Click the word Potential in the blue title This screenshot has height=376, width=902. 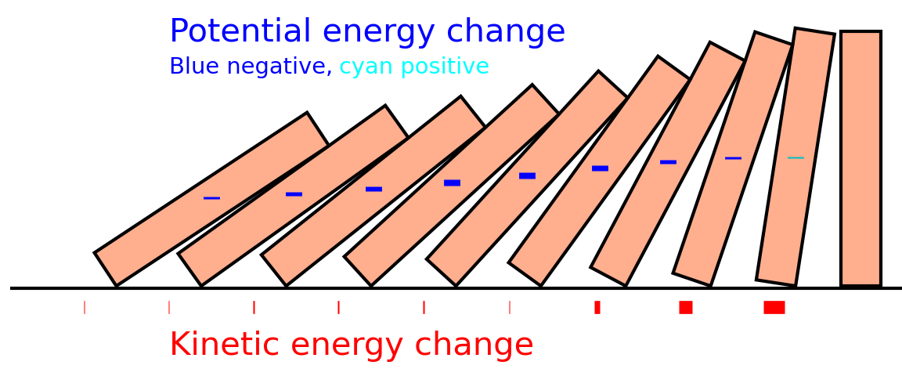(x=240, y=31)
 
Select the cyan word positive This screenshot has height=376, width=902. (x=445, y=67)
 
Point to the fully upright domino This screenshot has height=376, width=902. (x=861, y=158)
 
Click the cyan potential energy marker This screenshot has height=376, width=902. (x=796, y=157)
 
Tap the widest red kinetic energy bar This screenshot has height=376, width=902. (x=774, y=308)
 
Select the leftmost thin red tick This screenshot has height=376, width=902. (x=85, y=308)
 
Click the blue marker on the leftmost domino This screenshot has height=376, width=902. (x=211, y=198)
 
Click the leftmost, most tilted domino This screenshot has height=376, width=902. (x=211, y=199)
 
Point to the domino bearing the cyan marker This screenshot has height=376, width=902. (x=796, y=157)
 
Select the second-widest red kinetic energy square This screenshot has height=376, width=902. (x=686, y=308)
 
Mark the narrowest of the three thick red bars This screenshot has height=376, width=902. (x=597, y=308)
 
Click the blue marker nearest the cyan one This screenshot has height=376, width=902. (x=734, y=157)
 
